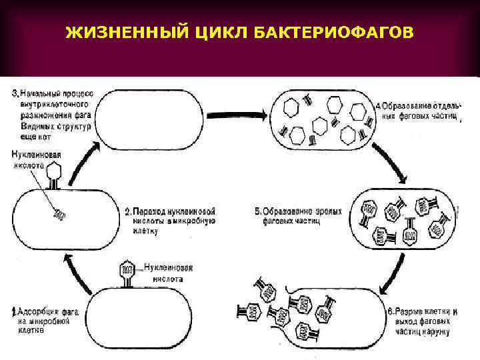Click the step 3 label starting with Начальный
tap(53, 113)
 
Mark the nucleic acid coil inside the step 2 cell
tap(59, 215)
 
